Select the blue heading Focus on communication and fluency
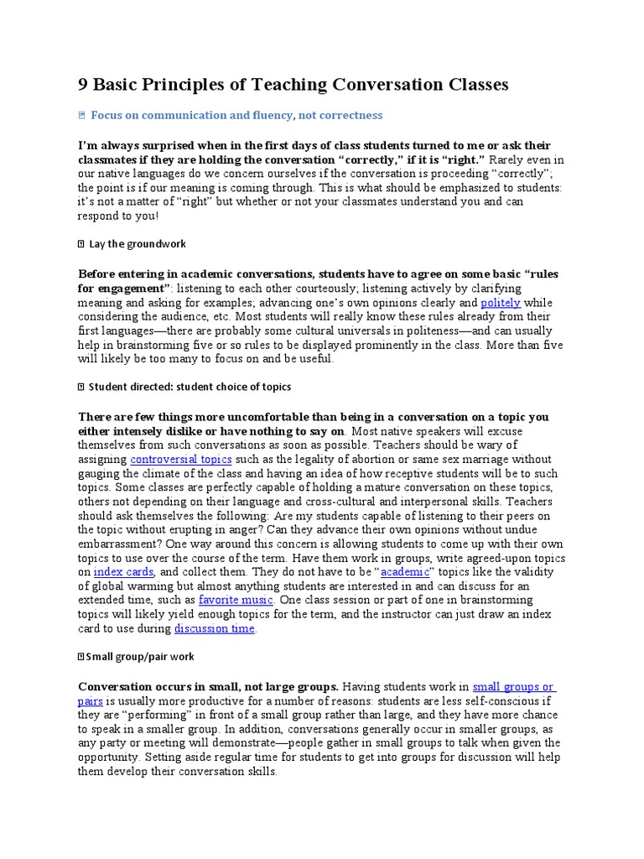pos(236,115)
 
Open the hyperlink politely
pos(501,303)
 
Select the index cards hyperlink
pos(123,572)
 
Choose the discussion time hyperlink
pos(214,628)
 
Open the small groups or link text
pos(513,686)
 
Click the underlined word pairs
pos(91,700)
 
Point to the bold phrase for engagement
pos(119,289)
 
